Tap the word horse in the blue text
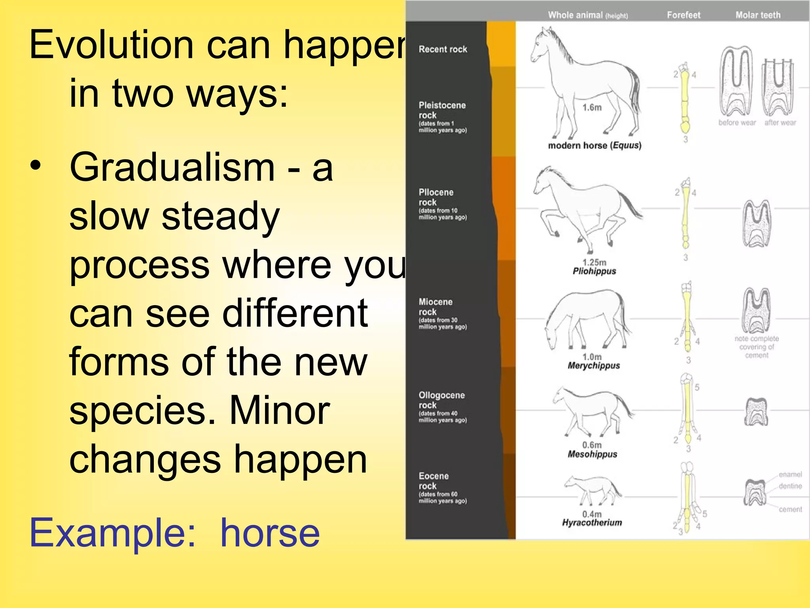coord(270,533)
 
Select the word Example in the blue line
coord(112,534)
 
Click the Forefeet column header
coord(683,15)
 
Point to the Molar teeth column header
coord(758,15)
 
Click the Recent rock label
coord(443,49)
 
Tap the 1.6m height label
coord(592,107)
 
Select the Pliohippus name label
coord(594,271)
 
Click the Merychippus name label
coord(594,365)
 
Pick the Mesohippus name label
coord(592,454)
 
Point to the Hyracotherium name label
coord(592,522)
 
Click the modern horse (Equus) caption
coord(594,145)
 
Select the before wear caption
coord(737,123)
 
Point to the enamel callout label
coord(790,474)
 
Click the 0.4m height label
coord(592,514)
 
